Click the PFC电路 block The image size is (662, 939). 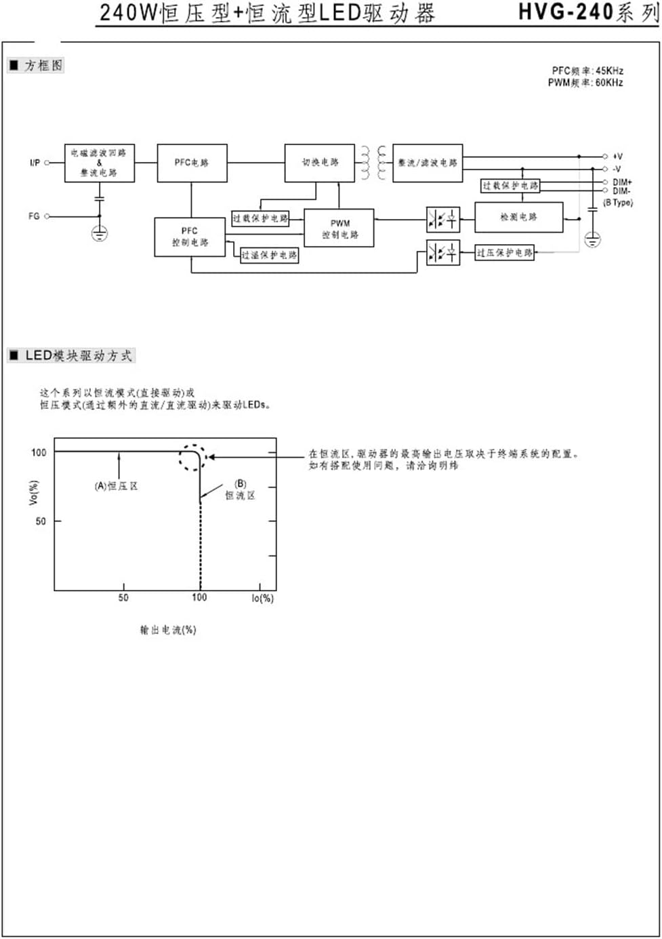[x=192, y=163]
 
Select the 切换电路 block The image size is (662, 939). [x=319, y=163]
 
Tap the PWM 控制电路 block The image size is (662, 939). [x=339, y=228]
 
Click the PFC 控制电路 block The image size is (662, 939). [x=190, y=237]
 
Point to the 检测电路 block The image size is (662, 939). [x=518, y=217]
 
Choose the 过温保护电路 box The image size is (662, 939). [x=270, y=255]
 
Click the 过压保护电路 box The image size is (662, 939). [x=504, y=253]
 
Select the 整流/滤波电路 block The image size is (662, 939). [x=428, y=163]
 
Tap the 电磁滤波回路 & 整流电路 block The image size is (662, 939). [x=100, y=163]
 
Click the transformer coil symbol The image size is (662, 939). [x=373, y=163]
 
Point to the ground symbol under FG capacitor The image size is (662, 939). [x=100, y=234]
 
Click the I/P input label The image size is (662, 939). [x=35, y=163]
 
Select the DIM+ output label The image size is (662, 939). [x=622, y=182]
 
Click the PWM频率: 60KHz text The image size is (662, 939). [x=585, y=83]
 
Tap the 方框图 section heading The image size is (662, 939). [x=43, y=66]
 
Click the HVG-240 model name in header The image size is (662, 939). [x=565, y=12]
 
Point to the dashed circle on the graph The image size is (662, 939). [x=192, y=458]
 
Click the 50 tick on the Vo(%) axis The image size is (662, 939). [x=41, y=521]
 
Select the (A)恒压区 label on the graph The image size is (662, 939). [x=116, y=486]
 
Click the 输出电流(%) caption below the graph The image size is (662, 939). [x=168, y=630]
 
